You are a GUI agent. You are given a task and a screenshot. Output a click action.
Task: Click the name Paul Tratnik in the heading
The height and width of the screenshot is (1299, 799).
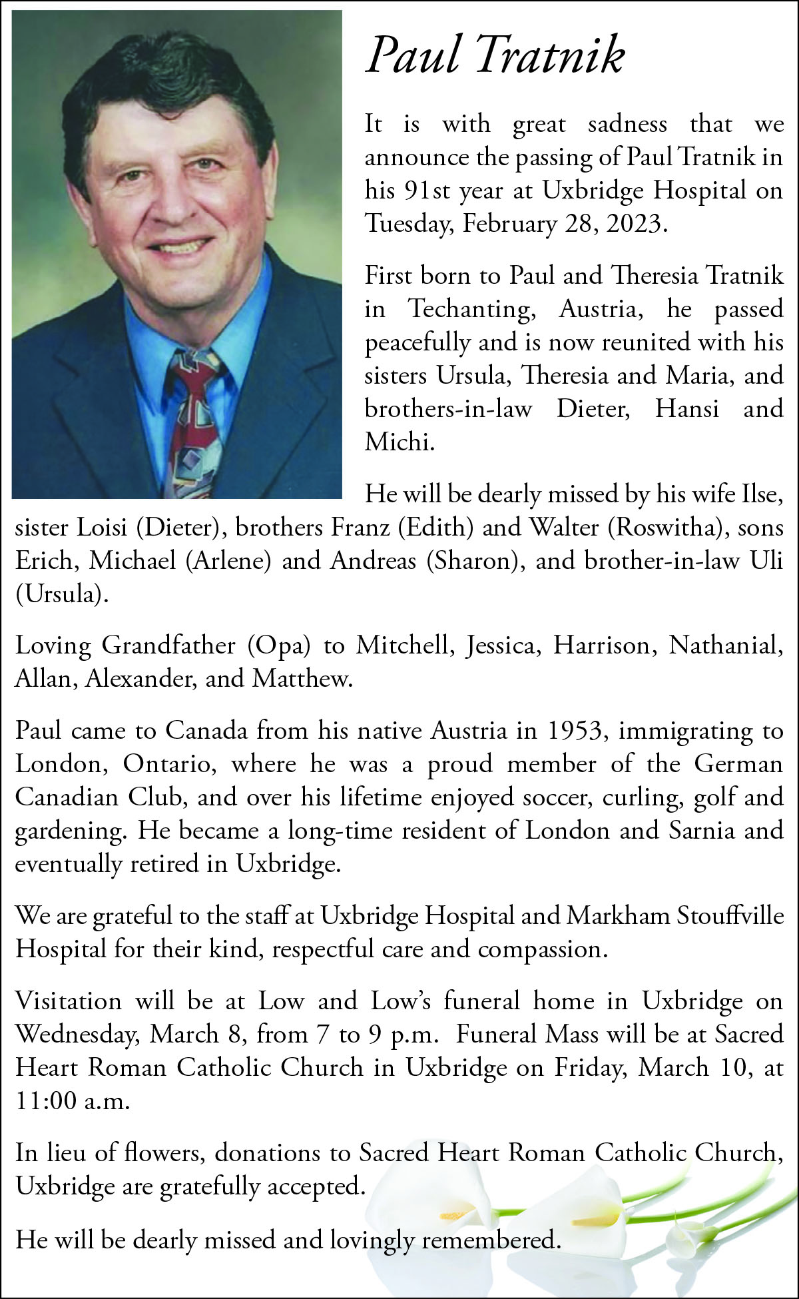click(x=495, y=55)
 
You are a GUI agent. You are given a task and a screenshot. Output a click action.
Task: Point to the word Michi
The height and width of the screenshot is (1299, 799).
click(x=399, y=442)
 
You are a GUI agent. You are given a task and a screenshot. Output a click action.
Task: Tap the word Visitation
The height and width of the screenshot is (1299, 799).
click(x=69, y=1001)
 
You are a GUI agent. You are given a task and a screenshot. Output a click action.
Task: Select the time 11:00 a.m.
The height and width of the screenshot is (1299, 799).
click(x=72, y=1101)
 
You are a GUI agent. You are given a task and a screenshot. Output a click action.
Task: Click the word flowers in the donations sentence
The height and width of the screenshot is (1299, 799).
click(x=165, y=1153)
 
